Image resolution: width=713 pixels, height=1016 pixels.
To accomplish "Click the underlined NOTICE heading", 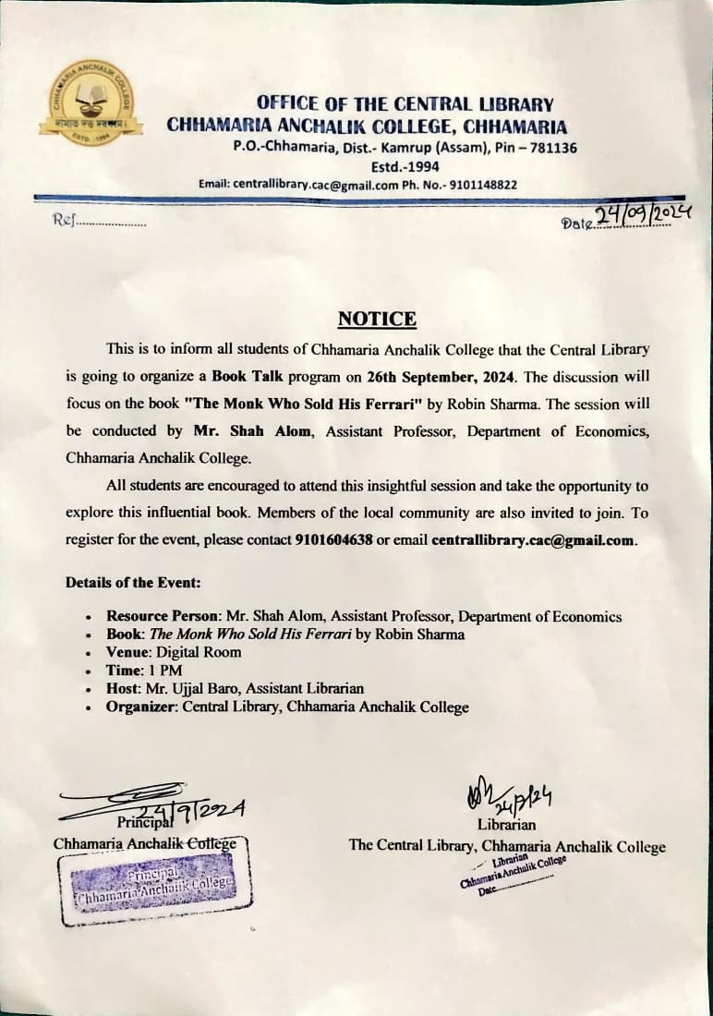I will [377, 320].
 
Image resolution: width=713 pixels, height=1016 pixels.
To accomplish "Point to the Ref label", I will [63, 222].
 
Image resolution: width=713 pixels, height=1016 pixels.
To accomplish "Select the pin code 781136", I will [551, 148].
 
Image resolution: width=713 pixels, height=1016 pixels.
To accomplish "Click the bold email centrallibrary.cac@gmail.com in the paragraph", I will [534, 540].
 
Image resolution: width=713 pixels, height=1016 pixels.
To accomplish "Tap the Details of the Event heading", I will [133, 584].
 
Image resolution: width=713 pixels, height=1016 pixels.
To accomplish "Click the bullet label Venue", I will [127, 652].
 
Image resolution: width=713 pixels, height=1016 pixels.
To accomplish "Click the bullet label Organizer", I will [141, 708].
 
